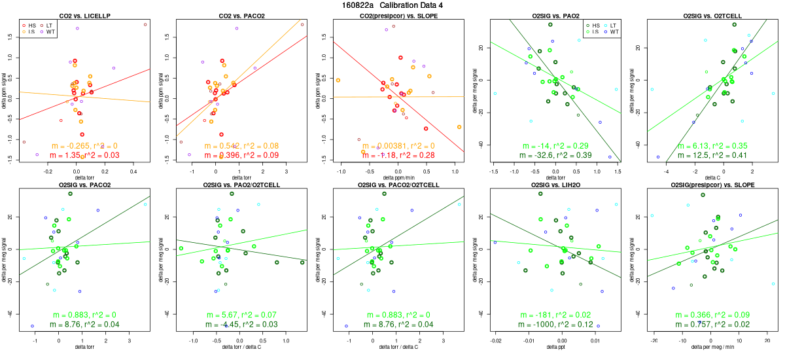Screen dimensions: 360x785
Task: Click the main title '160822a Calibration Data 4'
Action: pyautogui.click(x=392, y=5)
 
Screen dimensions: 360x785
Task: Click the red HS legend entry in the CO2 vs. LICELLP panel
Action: pyautogui.click(x=31, y=25)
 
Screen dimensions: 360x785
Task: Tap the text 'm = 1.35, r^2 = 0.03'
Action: pyautogui.click(x=85, y=155)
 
